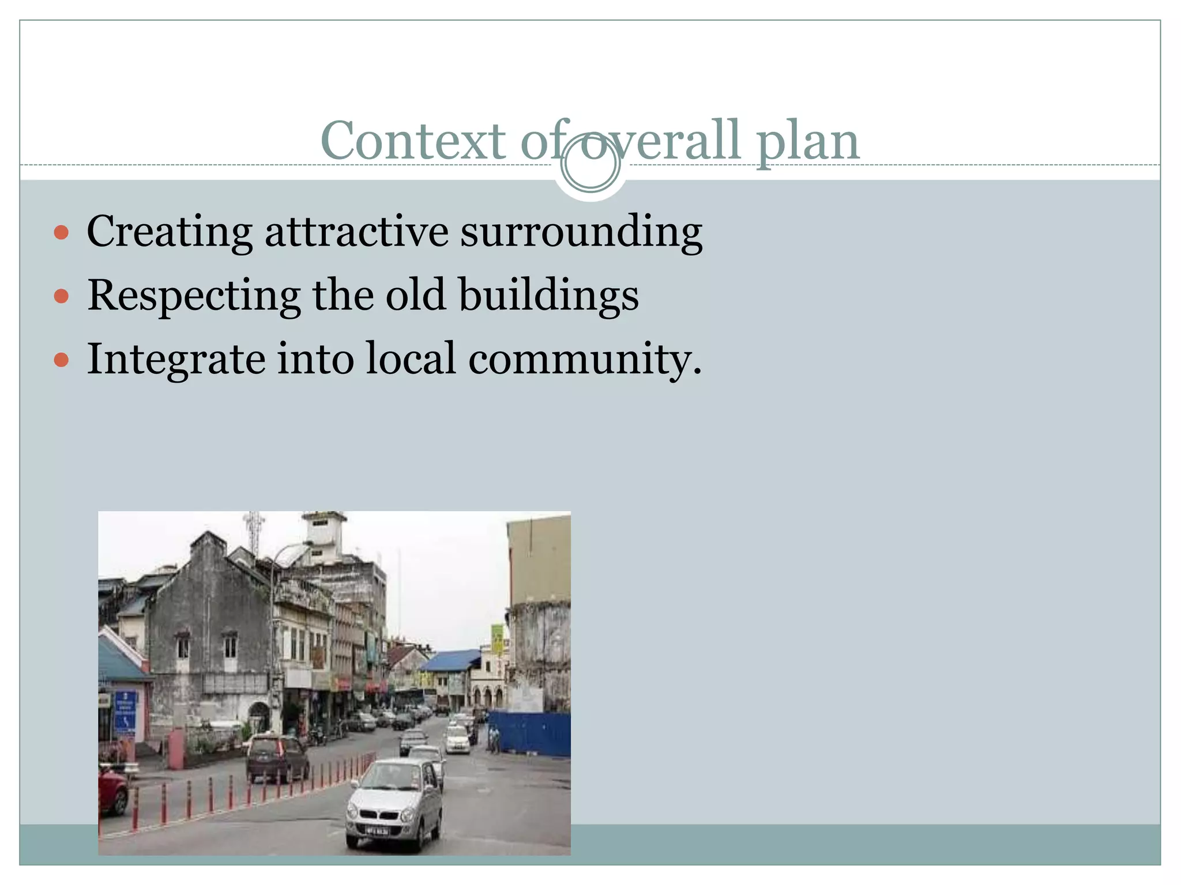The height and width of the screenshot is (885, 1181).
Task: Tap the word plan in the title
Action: (807, 141)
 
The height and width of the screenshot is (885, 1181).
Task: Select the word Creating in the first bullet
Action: (169, 232)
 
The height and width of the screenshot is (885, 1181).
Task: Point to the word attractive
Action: (356, 232)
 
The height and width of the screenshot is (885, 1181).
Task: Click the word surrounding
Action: (581, 232)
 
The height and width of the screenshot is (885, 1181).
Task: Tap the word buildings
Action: (548, 295)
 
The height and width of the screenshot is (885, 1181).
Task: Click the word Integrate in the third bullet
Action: (176, 359)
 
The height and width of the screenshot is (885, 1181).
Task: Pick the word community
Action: (584, 359)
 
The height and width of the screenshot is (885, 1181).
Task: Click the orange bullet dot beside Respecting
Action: (61, 297)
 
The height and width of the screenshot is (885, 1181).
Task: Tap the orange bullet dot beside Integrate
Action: (61, 361)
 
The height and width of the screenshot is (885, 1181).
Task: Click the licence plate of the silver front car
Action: (377, 830)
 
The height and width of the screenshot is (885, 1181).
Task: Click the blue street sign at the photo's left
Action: (125, 712)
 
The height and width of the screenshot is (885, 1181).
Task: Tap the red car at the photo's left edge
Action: (112, 789)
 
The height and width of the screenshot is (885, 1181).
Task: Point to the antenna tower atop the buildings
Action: (253, 530)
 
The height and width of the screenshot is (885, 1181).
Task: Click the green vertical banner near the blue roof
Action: (497, 640)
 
